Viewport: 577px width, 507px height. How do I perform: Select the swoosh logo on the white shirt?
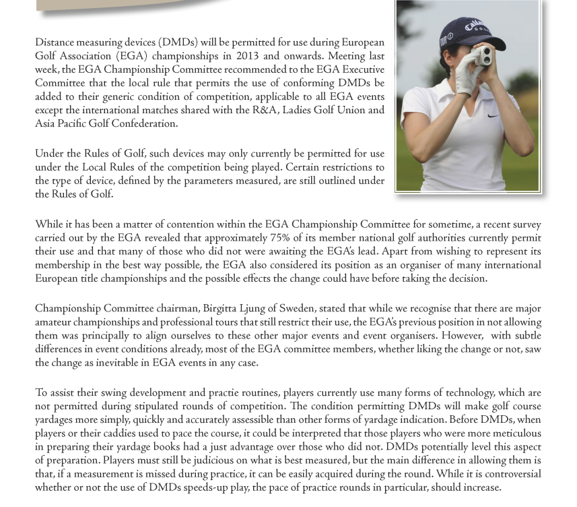tap(494, 116)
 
